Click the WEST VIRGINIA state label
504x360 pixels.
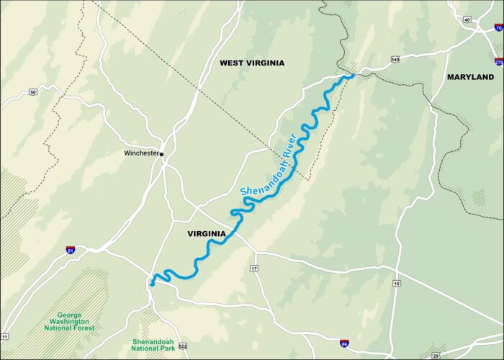[x=252, y=63]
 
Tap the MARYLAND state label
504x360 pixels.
[x=470, y=77]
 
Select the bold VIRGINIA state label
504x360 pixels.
[x=207, y=234]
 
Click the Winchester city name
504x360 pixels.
[x=141, y=153]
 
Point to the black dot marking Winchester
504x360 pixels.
[x=162, y=153]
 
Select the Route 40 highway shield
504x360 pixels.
[x=467, y=19]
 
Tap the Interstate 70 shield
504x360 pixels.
[x=499, y=28]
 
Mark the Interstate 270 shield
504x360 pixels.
[x=499, y=61]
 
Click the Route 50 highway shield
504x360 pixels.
[x=33, y=92]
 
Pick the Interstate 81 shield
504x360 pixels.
[x=70, y=250]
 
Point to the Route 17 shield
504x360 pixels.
[x=254, y=269]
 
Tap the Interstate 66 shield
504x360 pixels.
[x=345, y=344]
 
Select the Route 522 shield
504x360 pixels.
[x=183, y=346]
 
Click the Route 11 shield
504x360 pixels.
[x=5, y=336]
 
